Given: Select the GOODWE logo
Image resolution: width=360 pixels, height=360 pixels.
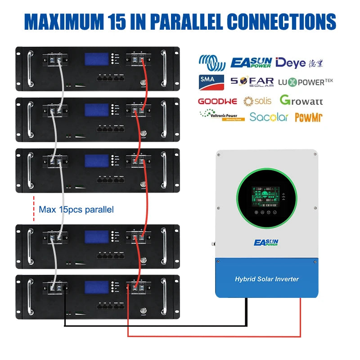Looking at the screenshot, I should click(x=217, y=101).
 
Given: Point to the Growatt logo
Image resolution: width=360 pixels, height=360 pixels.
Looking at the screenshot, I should click(x=301, y=100).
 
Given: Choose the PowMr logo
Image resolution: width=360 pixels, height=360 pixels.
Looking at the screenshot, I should click(x=309, y=117).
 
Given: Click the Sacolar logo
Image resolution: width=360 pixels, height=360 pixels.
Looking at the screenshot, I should click(x=269, y=117).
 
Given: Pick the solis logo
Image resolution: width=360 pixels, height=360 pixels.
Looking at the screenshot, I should click(x=257, y=100).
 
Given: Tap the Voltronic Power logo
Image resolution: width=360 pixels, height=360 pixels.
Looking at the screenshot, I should click(x=222, y=116).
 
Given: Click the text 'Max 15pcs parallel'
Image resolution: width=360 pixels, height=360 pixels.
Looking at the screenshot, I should click(x=76, y=209).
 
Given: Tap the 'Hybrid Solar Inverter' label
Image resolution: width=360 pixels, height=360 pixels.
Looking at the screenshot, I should click(x=267, y=279).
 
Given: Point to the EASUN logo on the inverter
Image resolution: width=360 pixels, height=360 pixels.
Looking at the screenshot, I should click(x=266, y=243).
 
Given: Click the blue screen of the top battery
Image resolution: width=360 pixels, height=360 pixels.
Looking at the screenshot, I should click(x=97, y=59).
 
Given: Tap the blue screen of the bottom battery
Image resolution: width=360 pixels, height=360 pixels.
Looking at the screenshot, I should click(x=97, y=287).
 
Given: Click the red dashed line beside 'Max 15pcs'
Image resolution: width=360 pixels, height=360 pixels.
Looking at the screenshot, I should click(x=34, y=209).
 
